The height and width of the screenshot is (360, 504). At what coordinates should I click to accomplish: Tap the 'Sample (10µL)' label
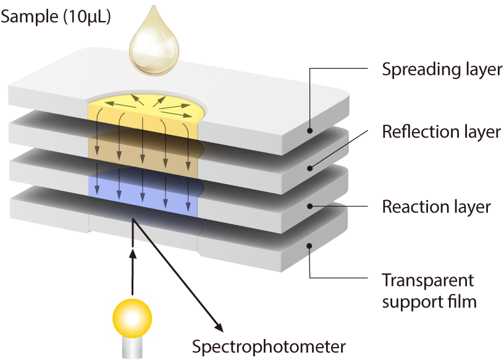pos(56,17)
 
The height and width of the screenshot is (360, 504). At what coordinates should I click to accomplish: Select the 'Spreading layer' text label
pos(442,69)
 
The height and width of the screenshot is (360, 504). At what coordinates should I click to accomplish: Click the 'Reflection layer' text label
pos(441,132)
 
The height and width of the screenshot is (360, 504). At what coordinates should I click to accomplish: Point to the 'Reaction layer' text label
pos(436,206)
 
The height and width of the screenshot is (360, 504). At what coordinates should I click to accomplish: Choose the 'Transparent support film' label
pos(428,291)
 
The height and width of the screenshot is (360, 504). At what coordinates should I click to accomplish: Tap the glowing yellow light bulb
pos(132,318)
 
